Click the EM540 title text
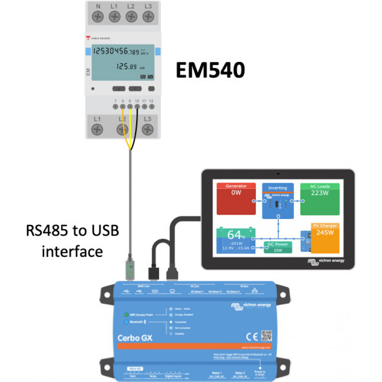211,70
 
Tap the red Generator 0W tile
236,199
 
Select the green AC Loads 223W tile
320,199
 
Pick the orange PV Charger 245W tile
326,238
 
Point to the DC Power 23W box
277,247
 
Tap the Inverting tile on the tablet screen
278,201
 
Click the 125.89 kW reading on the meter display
127,67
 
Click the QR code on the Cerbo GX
266,336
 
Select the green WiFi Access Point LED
126,315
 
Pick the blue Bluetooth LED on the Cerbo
126,323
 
